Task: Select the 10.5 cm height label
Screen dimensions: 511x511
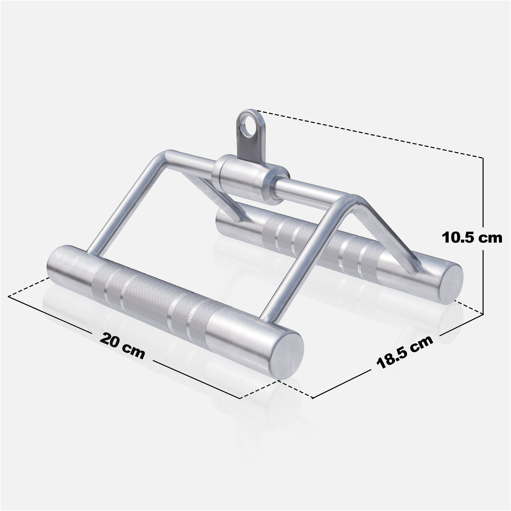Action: tap(472, 238)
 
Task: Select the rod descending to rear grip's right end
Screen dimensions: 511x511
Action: tap(391, 238)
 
